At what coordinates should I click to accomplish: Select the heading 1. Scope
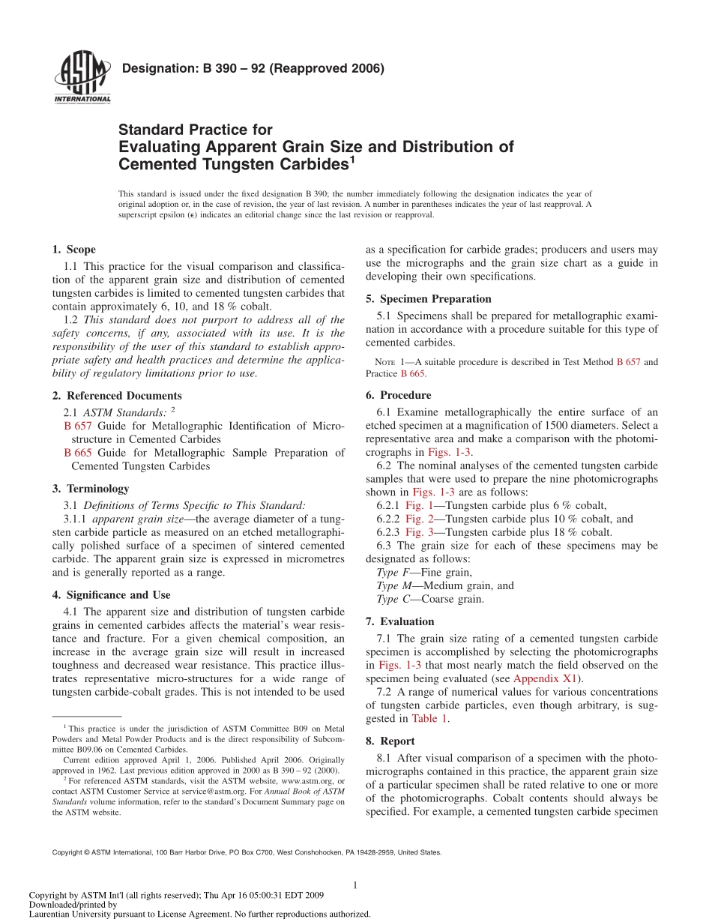pyautogui.click(x=74, y=250)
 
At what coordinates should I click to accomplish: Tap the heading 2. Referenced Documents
pyautogui.click(x=117, y=395)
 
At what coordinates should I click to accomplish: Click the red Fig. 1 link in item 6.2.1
pyautogui.click(x=419, y=505)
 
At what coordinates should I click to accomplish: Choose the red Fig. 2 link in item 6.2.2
pyautogui.click(x=419, y=519)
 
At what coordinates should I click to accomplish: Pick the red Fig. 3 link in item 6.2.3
pyautogui.click(x=419, y=532)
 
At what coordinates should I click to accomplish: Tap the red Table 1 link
pyautogui.click(x=429, y=718)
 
